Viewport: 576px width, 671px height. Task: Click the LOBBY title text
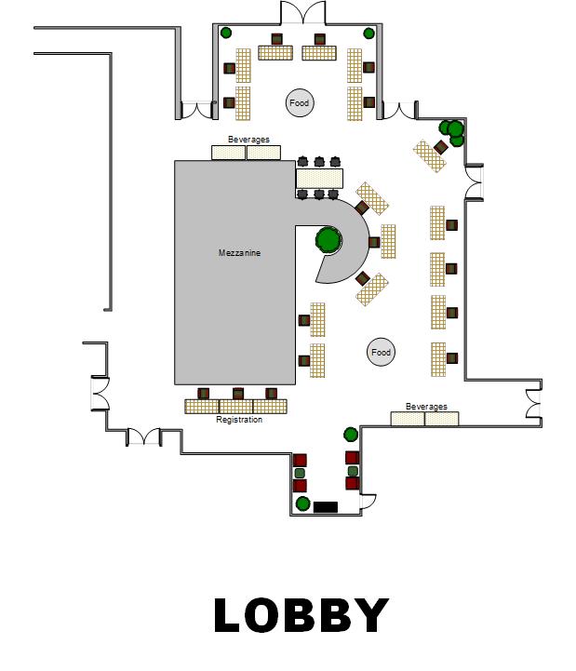[x=301, y=615]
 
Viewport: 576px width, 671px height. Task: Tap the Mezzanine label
[x=240, y=253]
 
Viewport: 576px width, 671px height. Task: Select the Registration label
[x=239, y=420]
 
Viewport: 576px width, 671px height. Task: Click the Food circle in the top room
[x=300, y=102]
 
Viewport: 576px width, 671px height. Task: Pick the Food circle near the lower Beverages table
[x=381, y=352]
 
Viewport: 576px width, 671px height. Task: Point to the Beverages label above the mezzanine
[x=248, y=139]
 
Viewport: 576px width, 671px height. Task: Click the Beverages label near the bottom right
[x=426, y=406]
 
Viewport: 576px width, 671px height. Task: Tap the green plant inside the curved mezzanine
[x=328, y=240]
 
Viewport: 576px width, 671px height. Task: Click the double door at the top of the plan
[x=303, y=13]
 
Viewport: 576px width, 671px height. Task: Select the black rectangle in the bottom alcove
[x=326, y=507]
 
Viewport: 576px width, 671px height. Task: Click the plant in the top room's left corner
[x=226, y=33]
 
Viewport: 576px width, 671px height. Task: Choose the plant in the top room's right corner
[x=368, y=33]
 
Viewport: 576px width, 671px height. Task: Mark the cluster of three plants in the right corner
[x=452, y=132]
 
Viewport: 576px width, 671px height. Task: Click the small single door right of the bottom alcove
[x=368, y=501]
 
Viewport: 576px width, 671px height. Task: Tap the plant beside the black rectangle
[x=303, y=503]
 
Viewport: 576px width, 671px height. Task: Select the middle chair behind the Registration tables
[x=238, y=394]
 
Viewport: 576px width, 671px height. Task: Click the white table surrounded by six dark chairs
[x=319, y=179]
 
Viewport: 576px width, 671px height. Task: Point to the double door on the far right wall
[x=533, y=403]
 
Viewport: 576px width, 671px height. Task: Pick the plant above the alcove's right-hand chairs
[x=351, y=435]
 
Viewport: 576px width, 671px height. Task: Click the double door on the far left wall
[x=100, y=394]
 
